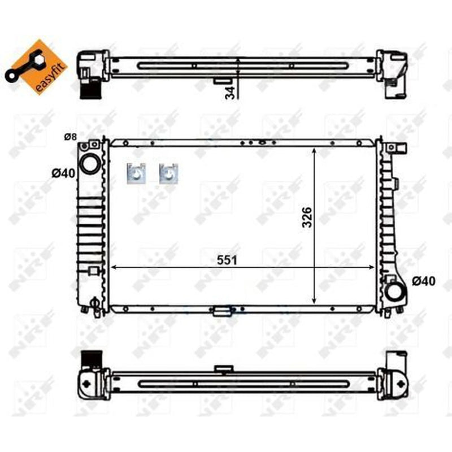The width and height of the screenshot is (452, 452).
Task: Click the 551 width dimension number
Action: pyautogui.click(x=227, y=260)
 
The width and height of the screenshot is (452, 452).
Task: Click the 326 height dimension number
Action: pyautogui.click(x=307, y=218)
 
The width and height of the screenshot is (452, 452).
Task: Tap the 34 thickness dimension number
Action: pyautogui.click(x=230, y=93)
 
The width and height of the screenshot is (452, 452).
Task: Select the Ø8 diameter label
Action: pyautogui.click(x=70, y=137)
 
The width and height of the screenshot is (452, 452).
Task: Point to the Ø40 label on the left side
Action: pyautogui.click(x=63, y=173)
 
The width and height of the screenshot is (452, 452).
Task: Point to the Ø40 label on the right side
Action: pyautogui.click(x=424, y=281)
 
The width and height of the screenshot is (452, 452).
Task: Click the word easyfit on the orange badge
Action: pyautogui.click(x=48, y=79)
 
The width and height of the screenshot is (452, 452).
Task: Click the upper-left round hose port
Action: pyautogui.click(x=90, y=164)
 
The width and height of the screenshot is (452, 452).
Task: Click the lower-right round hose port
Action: pyautogui.click(x=397, y=292)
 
